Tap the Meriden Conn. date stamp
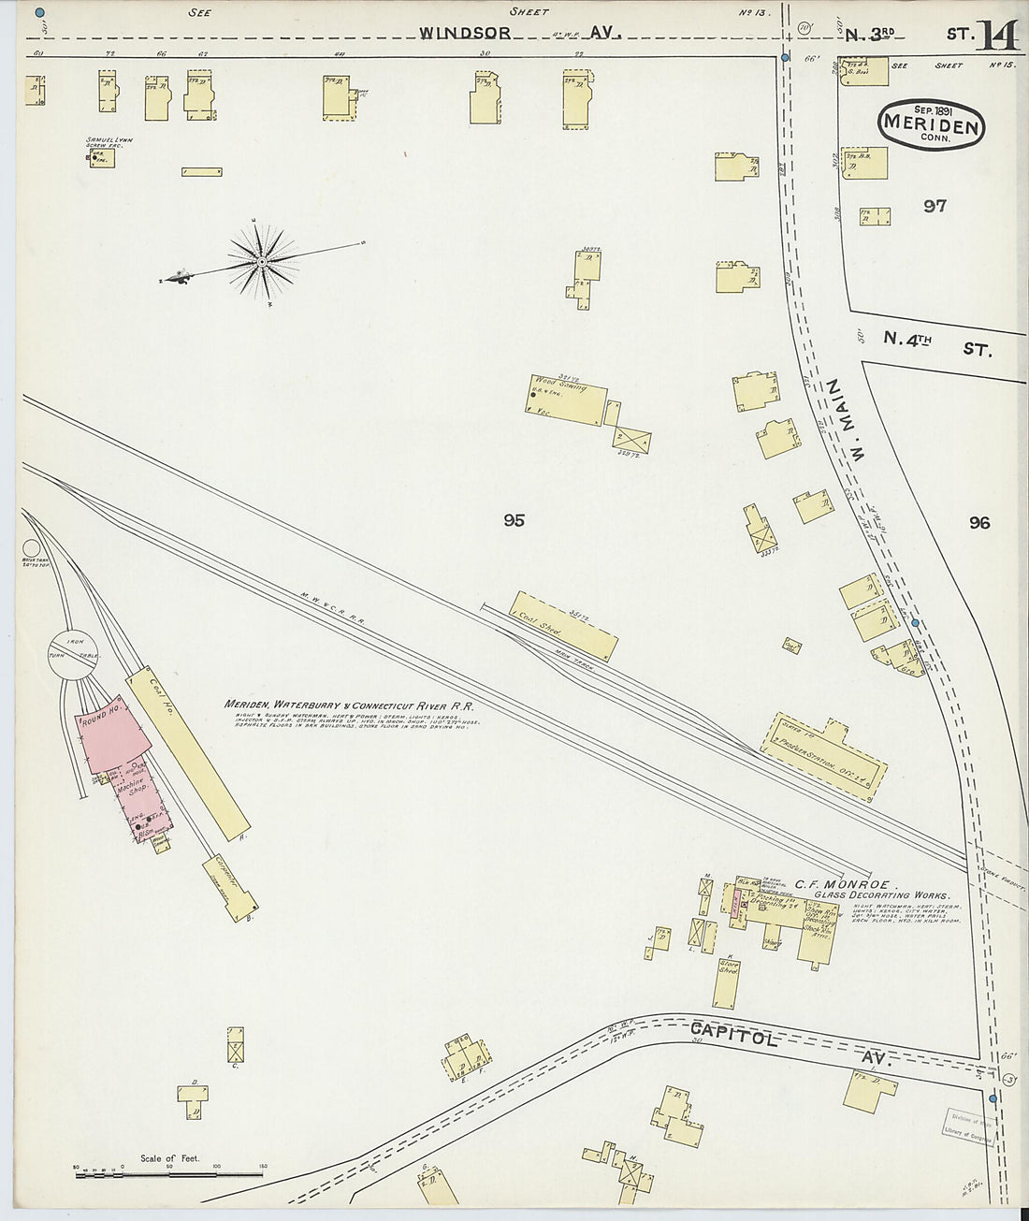[932, 122]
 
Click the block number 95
[514, 520]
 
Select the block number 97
[935, 206]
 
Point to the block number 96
[979, 523]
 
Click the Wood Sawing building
[566, 399]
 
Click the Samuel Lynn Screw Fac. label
[109, 142]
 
